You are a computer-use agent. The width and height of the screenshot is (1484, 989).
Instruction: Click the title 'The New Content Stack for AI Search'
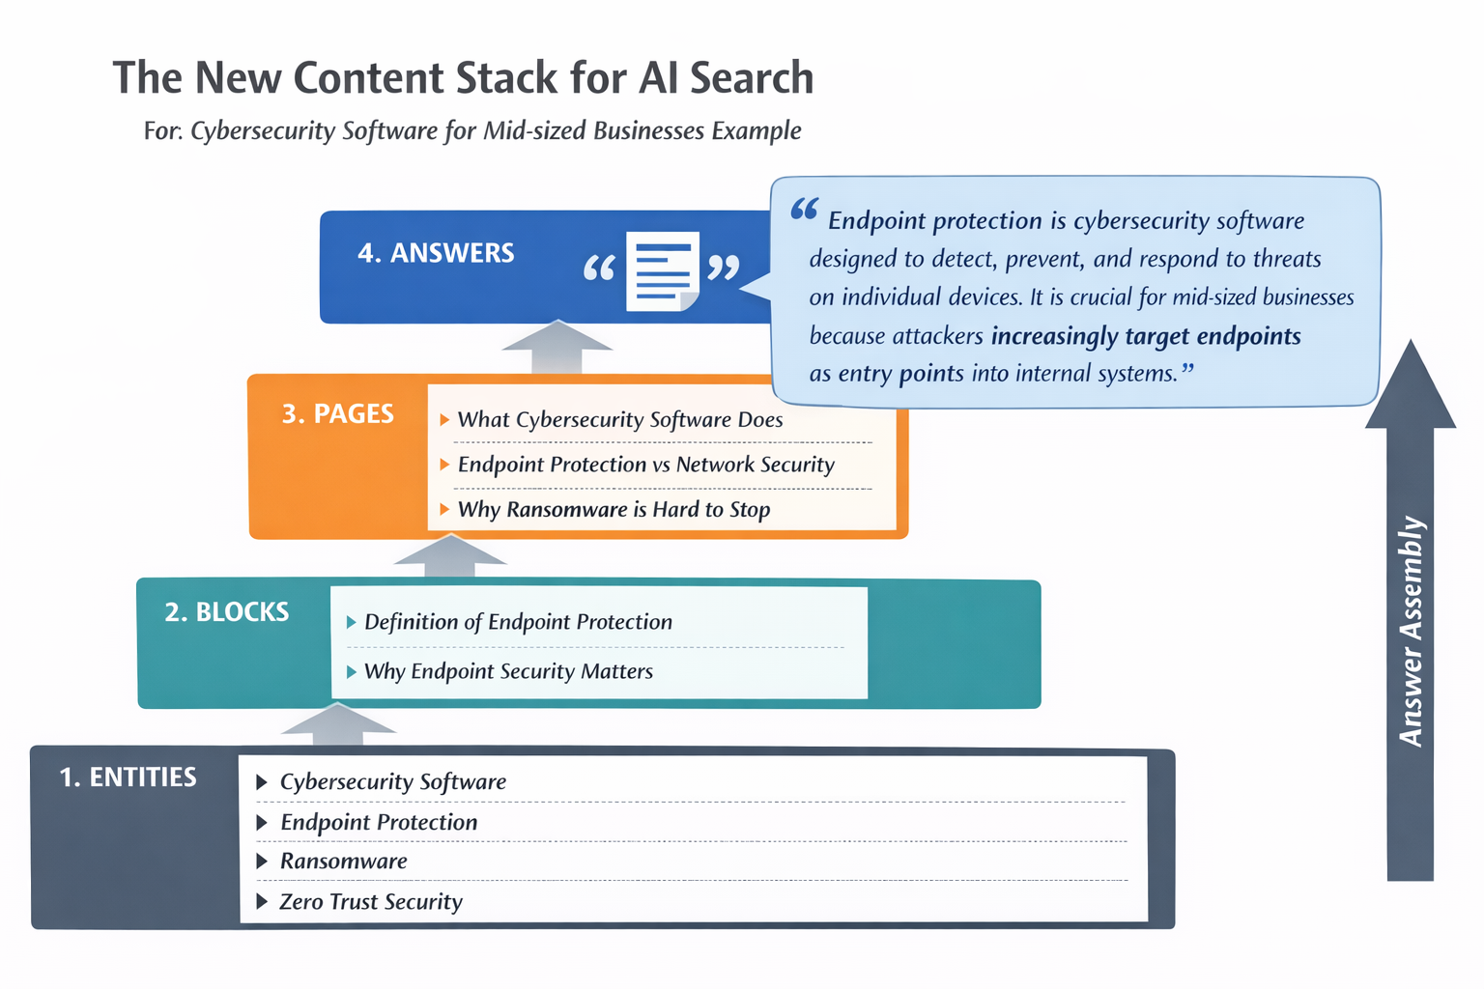463,78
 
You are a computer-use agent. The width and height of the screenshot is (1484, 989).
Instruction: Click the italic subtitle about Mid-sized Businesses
472,130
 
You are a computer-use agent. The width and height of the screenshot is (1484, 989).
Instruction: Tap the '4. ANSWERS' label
436,253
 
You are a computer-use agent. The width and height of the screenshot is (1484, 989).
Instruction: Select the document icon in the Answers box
662,270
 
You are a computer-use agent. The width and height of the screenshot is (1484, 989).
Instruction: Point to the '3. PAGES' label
338,414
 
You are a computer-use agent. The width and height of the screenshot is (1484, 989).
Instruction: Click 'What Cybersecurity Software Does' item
619,420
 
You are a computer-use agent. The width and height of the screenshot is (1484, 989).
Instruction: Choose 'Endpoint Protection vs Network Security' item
645,465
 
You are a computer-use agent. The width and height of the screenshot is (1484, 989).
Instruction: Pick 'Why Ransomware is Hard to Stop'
614,509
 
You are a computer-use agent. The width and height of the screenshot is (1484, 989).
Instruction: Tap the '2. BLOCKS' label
227,612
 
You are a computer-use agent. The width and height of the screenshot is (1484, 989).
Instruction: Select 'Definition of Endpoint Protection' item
518,622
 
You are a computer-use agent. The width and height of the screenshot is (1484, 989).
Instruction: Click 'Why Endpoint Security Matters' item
508,671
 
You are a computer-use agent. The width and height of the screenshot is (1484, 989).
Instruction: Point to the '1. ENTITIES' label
128,777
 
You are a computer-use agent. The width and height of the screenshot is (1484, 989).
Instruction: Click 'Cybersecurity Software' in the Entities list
392,782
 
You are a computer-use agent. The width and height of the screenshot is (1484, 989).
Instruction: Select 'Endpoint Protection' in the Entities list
379,823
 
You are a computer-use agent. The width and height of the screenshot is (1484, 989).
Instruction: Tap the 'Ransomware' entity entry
343,862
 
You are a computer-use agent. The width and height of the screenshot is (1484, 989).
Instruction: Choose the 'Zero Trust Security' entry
371,902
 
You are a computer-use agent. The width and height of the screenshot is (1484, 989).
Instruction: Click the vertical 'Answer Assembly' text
1412,632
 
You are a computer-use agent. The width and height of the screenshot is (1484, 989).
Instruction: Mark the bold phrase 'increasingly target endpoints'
1146,336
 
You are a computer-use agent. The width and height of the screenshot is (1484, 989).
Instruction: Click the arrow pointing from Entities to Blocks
338,724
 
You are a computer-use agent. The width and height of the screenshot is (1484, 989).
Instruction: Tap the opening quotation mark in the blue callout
804,210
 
